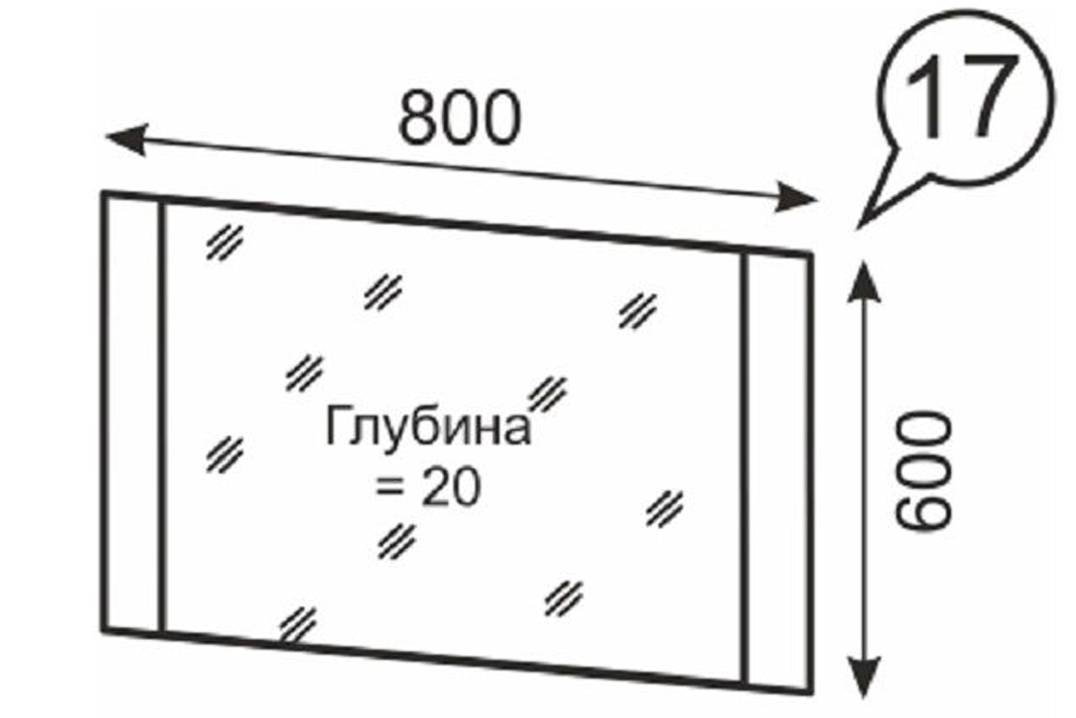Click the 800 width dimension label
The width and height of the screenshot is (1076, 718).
tap(459, 117)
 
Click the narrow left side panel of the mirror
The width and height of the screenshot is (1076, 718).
tap(133, 412)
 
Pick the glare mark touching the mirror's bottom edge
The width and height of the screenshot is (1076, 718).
tap(299, 622)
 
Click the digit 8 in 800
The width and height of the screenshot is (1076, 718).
tap(417, 117)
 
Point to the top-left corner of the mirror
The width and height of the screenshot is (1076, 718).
tap(104, 194)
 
